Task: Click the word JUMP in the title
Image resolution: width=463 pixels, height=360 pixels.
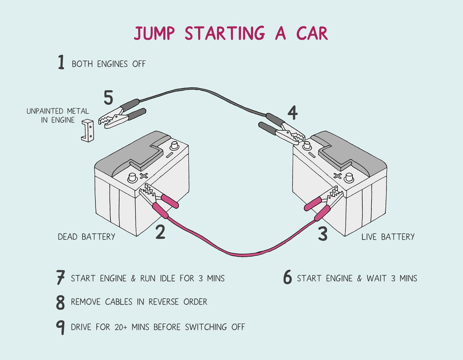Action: tap(155, 34)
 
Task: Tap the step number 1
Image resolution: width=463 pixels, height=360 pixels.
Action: tap(61, 63)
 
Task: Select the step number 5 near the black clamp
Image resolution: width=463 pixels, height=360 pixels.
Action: tap(108, 98)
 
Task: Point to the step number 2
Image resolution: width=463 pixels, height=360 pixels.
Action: tap(160, 231)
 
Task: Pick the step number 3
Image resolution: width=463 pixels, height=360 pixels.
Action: tap(323, 234)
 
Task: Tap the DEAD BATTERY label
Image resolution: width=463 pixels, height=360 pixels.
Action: tap(86, 237)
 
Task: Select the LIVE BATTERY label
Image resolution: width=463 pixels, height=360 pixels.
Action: tap(388, 237)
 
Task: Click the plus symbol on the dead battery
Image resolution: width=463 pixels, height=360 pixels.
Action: tap(144, 176)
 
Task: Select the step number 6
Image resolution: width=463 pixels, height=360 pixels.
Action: tap(288, 278)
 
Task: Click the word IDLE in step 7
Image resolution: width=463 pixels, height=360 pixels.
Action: tap(165, 278)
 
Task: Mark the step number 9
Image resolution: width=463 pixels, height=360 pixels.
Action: tap(60, 327)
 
